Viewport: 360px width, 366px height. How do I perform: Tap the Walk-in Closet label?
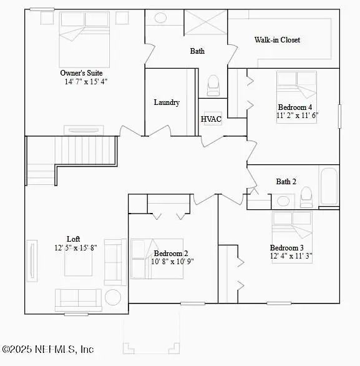pos(277,40)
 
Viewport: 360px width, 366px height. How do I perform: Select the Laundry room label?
pos(167,102)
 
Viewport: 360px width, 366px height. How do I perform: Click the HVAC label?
pos(211,119)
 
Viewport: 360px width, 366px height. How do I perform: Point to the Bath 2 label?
pos(286,182)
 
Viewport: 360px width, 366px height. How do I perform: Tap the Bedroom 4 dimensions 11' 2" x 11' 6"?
pos(297,116)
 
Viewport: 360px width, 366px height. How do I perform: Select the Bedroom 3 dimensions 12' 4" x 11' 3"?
pos(291,255)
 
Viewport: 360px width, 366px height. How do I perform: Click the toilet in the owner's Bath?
pos(213,84)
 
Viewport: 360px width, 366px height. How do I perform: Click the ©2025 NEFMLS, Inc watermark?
pos(48,350)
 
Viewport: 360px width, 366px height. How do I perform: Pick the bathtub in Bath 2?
pos(329,185)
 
